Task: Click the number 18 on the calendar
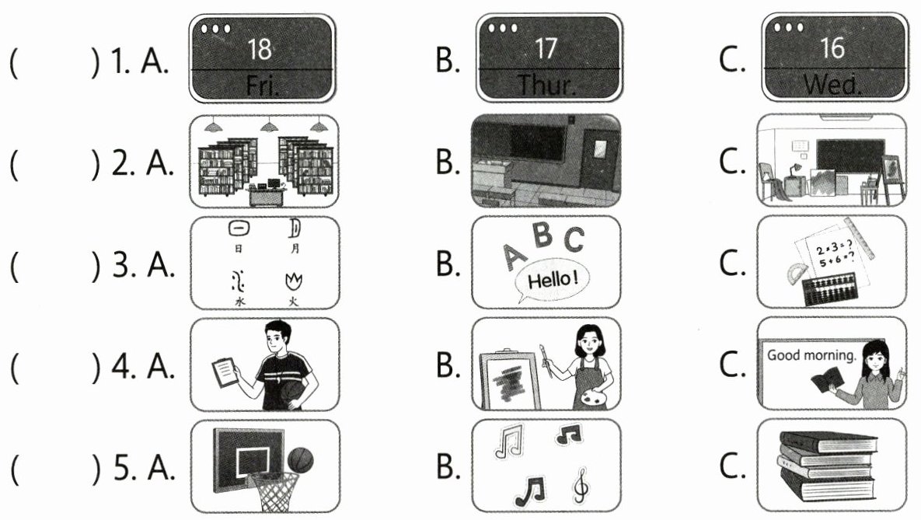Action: click(259, 50)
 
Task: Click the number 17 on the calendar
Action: click(546, 50)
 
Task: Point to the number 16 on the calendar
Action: click(832, 50)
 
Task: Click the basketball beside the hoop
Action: click(301, 461)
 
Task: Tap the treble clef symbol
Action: click(580, 487)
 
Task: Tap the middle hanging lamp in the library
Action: click(270, 127)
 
